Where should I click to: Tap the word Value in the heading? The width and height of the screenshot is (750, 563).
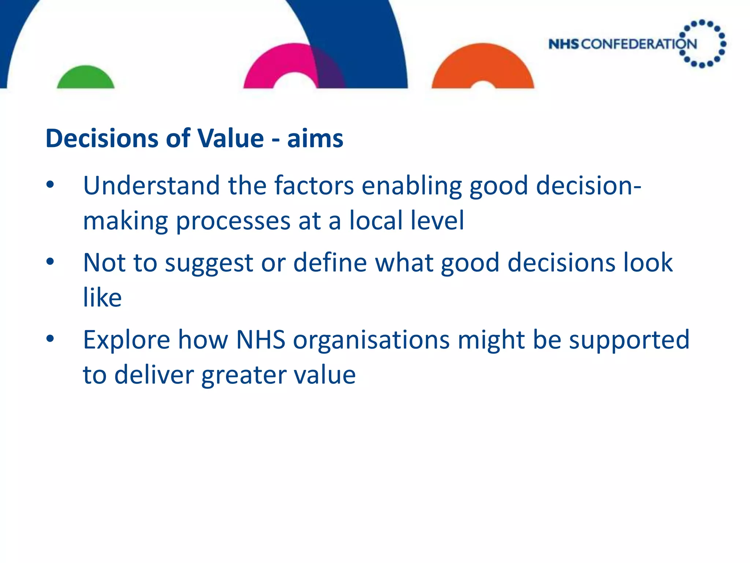pyautogui.click(x=230, y=139)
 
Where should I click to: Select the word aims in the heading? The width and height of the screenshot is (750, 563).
pyautogui.click(x=315, y=139)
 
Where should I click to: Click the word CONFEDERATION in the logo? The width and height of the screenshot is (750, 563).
pyautogui.click(x=639, y=44)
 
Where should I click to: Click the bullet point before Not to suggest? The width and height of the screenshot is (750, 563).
pyautogui.click(x=50, y=262)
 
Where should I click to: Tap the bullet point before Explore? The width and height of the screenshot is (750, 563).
pyautogui.click(x=50, y=339)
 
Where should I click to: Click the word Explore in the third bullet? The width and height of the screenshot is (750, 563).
pyautogui.click(x=126, y=340)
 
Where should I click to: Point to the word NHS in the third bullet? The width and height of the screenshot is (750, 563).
pyautogui.click(x=260, y=340)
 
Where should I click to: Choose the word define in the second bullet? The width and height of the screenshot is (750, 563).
pyautogui.click(x=330, y=262)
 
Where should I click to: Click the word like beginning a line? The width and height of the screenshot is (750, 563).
pyautogui.click(x=102, y=298)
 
